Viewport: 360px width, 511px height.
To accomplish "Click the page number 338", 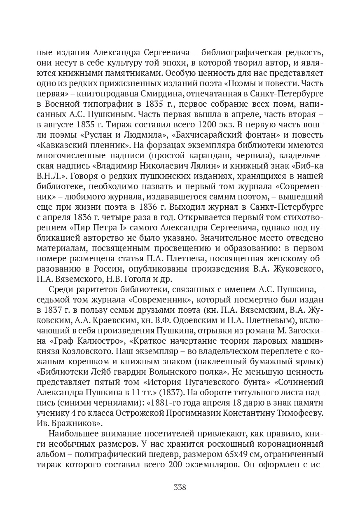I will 180,488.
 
